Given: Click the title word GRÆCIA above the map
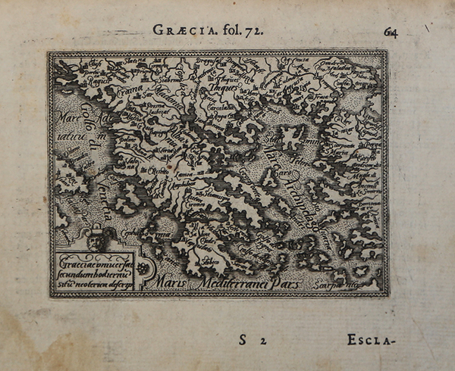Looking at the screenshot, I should coord(178,31).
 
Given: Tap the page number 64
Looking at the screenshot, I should coord(392,31).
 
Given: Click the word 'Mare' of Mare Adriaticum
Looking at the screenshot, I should coord(65,117).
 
